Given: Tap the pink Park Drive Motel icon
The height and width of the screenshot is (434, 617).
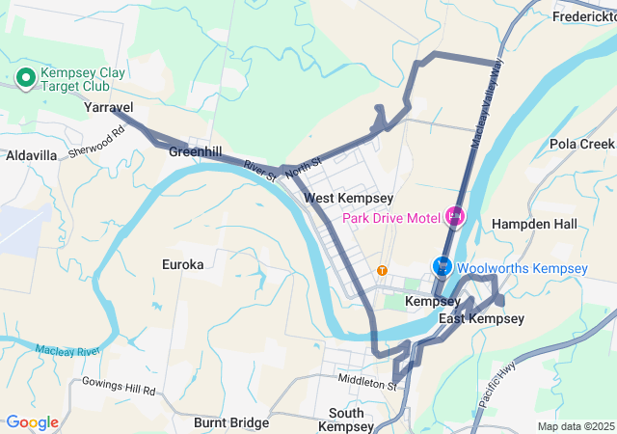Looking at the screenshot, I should tap(454, 216).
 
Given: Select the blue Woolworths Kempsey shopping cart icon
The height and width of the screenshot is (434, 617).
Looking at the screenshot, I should tap(443, 267).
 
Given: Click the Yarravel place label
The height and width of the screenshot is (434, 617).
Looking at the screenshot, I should tap(108, 108).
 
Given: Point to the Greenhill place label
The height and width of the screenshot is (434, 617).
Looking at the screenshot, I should tap(195, 152).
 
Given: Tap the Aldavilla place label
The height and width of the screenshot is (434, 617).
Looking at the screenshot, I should tap(31, 155).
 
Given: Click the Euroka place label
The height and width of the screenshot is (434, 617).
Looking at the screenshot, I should tap(183, 263).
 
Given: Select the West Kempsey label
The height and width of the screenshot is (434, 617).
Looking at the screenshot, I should tap(348, 198).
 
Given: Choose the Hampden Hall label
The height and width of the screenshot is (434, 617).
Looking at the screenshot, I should tap(534, 224).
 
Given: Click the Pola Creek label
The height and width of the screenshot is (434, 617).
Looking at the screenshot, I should tap(581, 144).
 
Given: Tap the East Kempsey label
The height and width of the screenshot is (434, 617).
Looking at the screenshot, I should tap(481, 319).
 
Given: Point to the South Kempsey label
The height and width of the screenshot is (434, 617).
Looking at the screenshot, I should tap(346, 420).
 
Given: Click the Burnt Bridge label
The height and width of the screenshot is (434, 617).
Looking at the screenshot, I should tap(230, 422).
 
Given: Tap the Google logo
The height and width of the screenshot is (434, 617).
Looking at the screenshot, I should tap(33, 421).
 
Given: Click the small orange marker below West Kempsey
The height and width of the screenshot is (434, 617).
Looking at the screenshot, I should tap(383, 270).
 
